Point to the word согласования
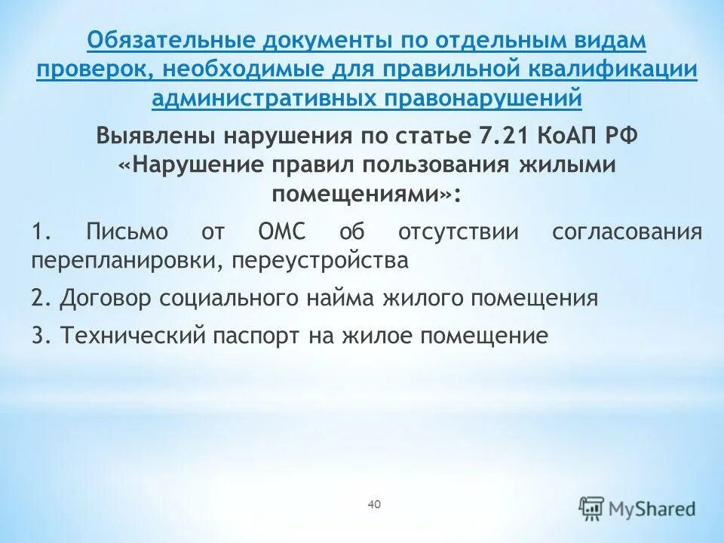point(627,232)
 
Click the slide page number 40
point(374,503)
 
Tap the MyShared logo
point(637,508)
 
